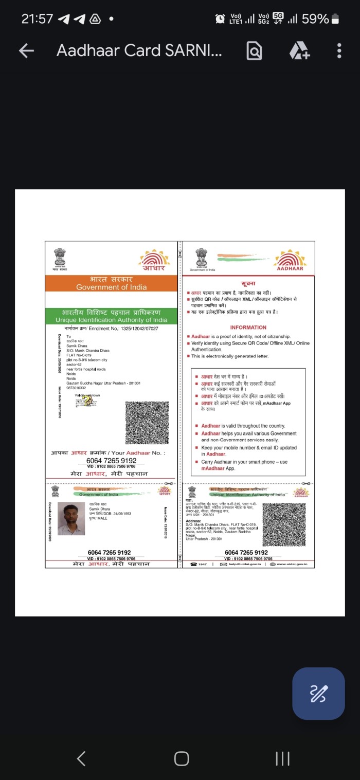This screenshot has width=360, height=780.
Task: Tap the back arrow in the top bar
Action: (x=26, y=50)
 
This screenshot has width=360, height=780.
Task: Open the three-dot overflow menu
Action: (x=339, y=50)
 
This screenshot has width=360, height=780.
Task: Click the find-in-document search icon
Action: (x=254, y=50)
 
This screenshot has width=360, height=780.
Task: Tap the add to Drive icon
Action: (x=299, y=50)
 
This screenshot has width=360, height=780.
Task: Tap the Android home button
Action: (x=181, y=758)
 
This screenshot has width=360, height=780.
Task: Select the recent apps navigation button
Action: (x=282, y=758)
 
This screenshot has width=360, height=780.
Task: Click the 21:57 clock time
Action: (x=37, y=19)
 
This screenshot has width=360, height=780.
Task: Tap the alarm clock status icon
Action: (x=220, y=19)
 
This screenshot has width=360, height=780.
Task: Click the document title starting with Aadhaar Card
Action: (x=139, y=50)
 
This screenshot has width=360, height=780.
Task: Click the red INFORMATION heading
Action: (x=248, y=328)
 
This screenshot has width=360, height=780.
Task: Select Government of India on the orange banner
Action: (x=111, y=287)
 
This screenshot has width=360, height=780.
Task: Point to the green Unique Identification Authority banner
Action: (x=111, y=316)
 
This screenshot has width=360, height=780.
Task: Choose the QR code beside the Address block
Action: (x=284, y=524)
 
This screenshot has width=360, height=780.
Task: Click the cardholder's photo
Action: (x=71, y=519)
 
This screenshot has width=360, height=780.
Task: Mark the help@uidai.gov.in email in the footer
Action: (x=242, y=565)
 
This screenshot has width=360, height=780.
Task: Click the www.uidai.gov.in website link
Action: (x=292, y=565)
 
